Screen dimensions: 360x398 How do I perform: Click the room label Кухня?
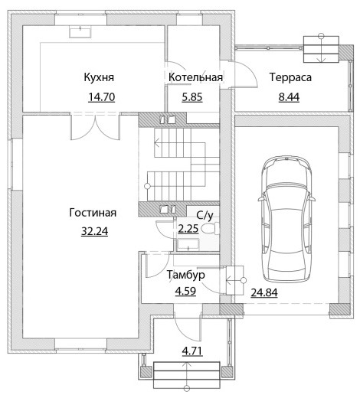[x=99, y=77]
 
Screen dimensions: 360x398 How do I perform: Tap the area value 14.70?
[x=102, y=97]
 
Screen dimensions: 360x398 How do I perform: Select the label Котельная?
[x=195, y=77]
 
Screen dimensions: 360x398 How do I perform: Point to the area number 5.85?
[x=192, y=97]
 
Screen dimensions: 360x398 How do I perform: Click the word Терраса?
[x=290, y=77]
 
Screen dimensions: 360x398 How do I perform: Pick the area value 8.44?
[x=289, y=97]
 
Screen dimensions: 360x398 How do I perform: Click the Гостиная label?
[x=93, y=212]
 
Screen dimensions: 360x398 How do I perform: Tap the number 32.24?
[x=94, y=231]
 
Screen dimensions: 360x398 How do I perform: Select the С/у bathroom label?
[x=205, y=216]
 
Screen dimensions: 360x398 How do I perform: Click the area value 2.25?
[x=188, y=229]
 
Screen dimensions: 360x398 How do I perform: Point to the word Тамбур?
[x=186, y=275]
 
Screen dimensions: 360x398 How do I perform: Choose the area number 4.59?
[x=185, y=291]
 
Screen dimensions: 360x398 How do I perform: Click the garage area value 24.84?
[x=264, y=292]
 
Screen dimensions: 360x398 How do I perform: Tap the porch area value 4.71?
[x=192, y=351]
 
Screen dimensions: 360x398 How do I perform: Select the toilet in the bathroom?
[x=211, y=228]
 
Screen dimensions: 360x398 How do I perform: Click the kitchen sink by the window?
[x=80, y=32]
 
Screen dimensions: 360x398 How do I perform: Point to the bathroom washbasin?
[x=188, y=245]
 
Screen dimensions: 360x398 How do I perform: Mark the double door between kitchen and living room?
[x=95, y=127]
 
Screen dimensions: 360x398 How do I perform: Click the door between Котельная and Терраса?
[x=243, y=74]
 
